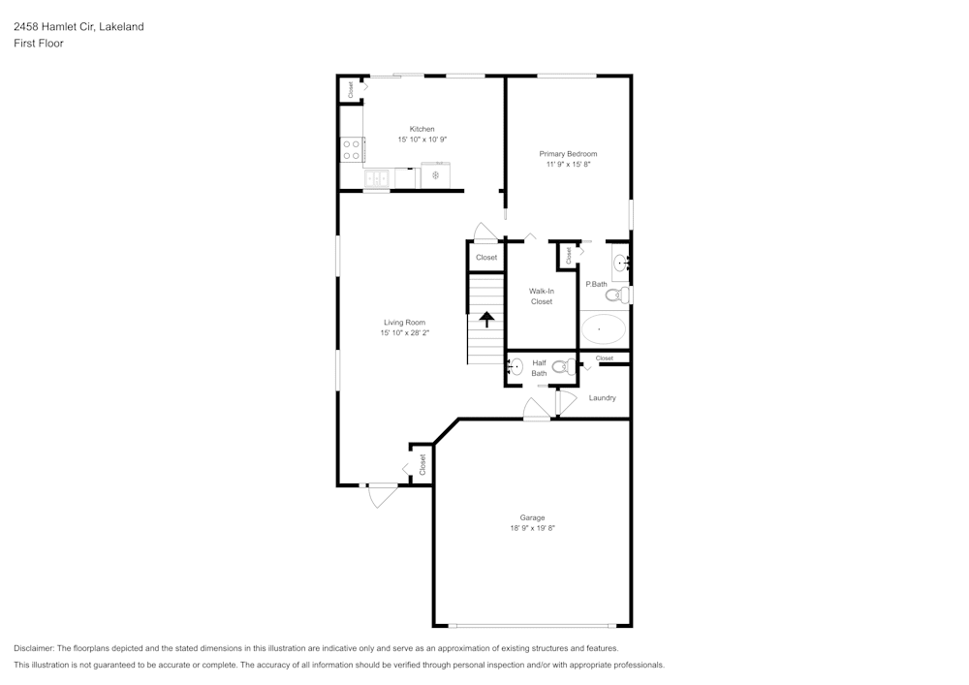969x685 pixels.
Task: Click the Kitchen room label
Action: point(422,129)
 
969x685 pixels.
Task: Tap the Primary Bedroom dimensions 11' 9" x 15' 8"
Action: point(568,165)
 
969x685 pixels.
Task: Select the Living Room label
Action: point(404,323)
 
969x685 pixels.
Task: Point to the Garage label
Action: point(532,517)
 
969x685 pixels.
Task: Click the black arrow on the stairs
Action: point(486,319)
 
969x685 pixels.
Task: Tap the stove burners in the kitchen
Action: point(351,149)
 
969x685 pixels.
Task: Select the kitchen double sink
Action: point(377,178)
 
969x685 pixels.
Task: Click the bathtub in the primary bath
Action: point(604,329)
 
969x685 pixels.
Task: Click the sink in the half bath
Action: point(516,367)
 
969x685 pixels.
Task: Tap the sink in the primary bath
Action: point(620,262)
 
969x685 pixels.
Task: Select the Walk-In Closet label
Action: point(542,296)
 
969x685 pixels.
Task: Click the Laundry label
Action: point(602,398)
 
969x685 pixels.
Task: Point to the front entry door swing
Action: point(383,495)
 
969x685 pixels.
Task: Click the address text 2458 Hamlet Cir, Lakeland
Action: point(78,27)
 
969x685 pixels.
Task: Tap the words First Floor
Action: point(39,44)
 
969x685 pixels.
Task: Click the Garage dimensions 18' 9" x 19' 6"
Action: point(532,528)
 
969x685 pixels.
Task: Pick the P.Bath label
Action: point(596,284)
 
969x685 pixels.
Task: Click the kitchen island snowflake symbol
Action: point(435,175)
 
